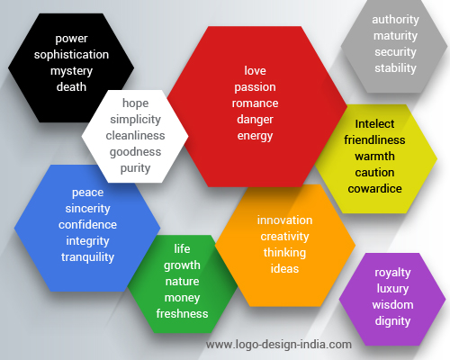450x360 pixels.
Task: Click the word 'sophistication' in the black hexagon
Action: click(71, 55)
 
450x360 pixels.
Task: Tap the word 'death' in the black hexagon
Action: click(71, 87)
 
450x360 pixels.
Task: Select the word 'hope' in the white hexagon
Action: click(135, 103)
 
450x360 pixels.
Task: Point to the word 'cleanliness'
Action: click(135, 136)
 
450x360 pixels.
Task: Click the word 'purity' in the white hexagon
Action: click(135, 168)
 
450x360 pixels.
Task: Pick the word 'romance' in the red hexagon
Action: click(255, 103)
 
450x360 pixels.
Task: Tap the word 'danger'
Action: click(255, 120)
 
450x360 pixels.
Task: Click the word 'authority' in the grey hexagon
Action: click(395, 20)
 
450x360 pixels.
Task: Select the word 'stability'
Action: click(395, 68)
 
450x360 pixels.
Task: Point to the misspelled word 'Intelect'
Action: click(374, 124)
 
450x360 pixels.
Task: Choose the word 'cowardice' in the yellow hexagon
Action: click(374, 189)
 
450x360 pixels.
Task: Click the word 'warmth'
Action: click(374, 157)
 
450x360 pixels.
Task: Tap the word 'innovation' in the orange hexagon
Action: click(284, 220)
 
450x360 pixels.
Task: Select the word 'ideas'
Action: click(284, 269)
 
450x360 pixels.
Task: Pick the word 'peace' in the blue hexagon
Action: click(87, 193)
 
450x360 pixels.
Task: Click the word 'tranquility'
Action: click(87, 257)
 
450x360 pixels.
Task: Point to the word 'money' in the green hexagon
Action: click(182, 298)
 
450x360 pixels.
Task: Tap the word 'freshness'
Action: click(182, 314)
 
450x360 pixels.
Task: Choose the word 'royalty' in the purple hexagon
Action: click(392, 273)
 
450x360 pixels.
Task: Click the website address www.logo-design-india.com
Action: click(279, 345)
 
